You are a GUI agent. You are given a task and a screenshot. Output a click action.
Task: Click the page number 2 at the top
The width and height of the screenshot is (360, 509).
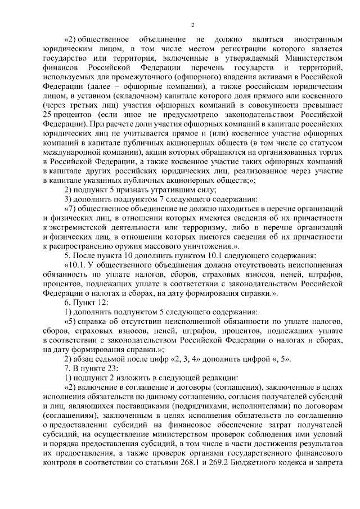coord(192,25)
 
